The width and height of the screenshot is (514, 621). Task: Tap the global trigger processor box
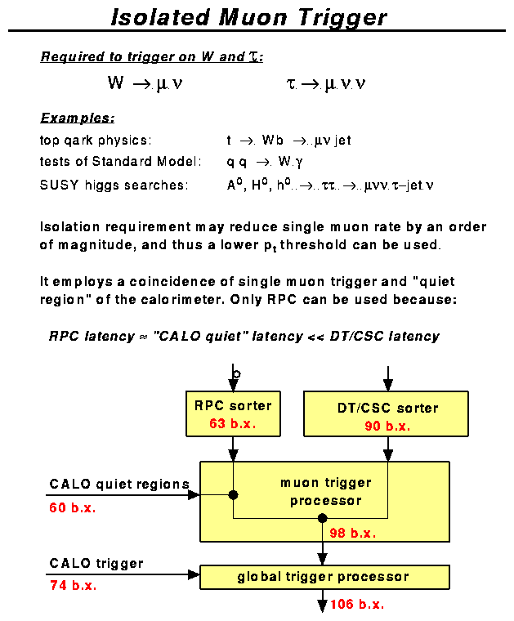pos(324,577)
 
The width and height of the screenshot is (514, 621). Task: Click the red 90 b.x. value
pos(387,426)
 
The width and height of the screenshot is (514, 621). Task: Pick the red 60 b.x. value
pos(73,507)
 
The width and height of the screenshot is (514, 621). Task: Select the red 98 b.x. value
pos(352,533)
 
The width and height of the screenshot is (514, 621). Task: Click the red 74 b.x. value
pos(73,586)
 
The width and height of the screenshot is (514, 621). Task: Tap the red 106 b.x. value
pos(357,605)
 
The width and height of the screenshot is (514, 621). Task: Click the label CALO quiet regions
pos(119,485)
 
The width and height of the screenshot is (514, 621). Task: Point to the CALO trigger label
pos(96,563)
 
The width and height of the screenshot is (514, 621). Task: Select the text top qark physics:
pos(96,141)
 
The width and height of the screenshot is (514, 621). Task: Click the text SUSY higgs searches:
pos(114,185)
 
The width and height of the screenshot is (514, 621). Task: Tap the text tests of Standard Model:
pos(120,163)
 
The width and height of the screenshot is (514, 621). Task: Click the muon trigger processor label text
pos(325,491)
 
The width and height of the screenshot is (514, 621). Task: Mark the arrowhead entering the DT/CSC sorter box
pos(388,385)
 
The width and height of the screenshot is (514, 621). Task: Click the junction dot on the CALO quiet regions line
pos(233,494)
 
